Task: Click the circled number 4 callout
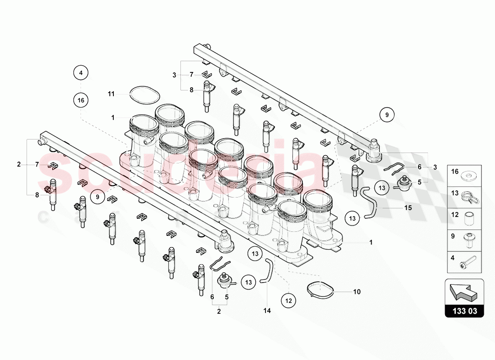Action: pos(81,72)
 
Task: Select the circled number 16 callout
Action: pos(81,100)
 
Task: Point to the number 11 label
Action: pos(112,94)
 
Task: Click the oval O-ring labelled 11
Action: pos(144,95)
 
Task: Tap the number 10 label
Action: pos(356,292)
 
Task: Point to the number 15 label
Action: pos(408,208)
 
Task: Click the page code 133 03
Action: pos(464,310)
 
